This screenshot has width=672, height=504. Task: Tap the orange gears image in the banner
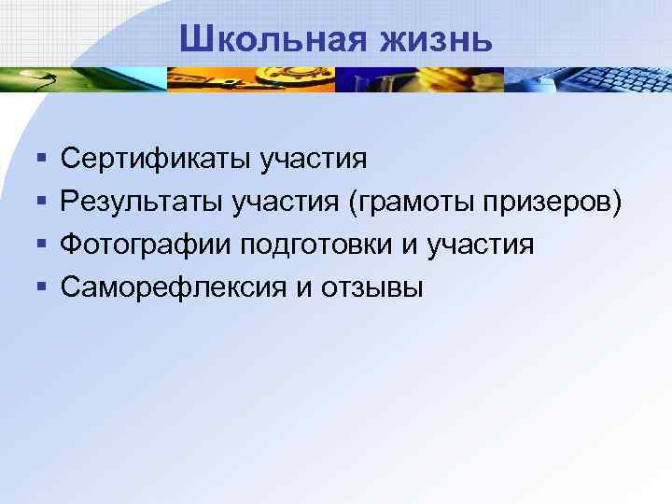(x=252, y=79)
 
